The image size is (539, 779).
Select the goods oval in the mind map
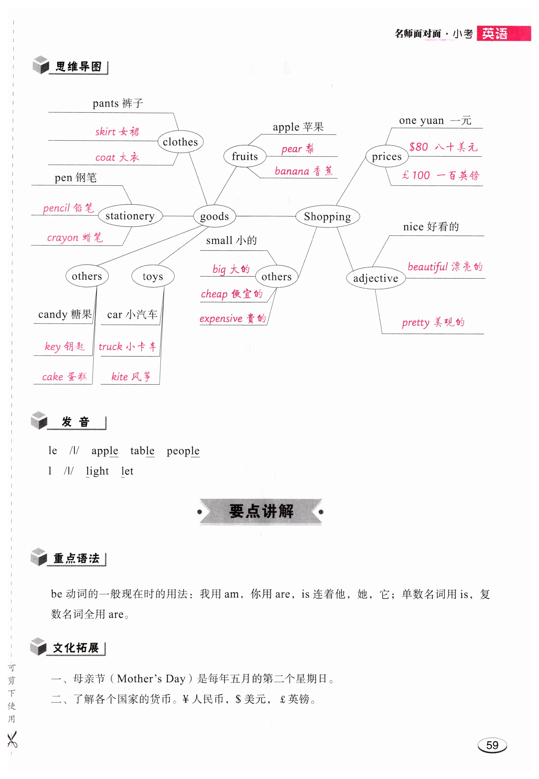[x=214, y=216]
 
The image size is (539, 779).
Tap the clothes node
[x=180, y=142]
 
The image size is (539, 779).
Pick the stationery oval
[x=130, y=215]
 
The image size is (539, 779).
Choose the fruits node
[x=245, y=156]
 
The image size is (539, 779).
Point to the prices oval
[x=387, y=156]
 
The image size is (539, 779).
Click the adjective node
[x=375, y=278]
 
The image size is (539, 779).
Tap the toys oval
[x=153, y=276]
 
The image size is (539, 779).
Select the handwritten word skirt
[x=105, y=131]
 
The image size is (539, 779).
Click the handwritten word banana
[x=292, y=171]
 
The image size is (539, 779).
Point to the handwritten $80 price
[x=418, y=147]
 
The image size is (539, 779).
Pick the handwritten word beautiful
[x=427, y=267]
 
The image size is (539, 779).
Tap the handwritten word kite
[x=120, y=376]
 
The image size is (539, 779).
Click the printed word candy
[x=53, y=314]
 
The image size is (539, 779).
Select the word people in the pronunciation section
[x=183, y=451]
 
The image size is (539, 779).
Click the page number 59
[x=492, y=745]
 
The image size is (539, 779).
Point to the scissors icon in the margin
[x=12, y=739]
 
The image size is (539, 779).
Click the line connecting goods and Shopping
[x=265, y=216]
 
